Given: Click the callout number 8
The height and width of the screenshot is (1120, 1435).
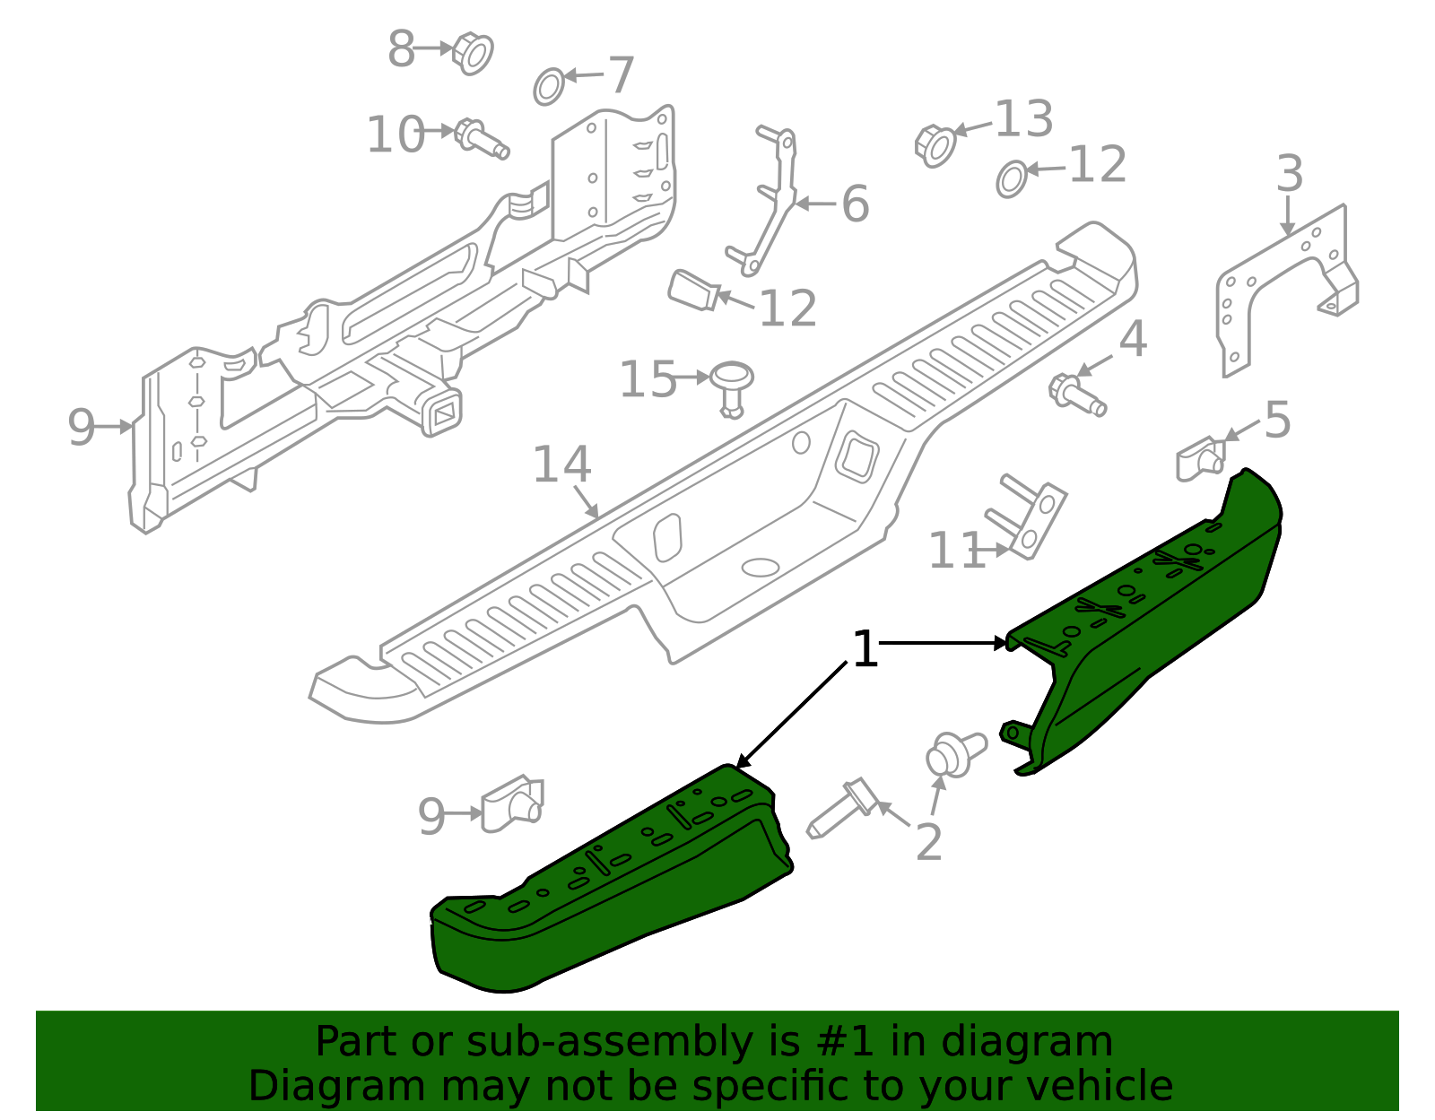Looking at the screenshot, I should coord(401,49).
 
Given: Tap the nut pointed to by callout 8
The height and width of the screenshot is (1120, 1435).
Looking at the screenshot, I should coord(474,53).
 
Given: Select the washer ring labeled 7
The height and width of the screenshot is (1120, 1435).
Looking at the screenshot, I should coord(549,86).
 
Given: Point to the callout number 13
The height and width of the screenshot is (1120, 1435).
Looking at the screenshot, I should coord(1023,119).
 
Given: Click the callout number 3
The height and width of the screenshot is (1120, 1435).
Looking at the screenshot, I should coord(1289,174).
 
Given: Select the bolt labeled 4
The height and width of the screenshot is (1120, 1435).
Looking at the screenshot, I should coord(1076,395).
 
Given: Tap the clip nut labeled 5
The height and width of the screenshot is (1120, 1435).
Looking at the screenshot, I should coord(1200,458).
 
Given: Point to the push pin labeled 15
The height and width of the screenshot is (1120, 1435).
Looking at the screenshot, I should coord(732,386).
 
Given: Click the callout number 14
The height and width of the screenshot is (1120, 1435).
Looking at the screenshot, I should coord(561,464).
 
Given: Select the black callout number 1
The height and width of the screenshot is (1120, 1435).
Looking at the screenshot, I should coord(864,649).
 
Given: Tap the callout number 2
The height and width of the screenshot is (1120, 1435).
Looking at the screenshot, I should coord(928,843).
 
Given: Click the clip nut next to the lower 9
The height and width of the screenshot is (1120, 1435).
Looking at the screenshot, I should coord(513,803).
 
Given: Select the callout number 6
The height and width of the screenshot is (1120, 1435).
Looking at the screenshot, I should coord(855,204).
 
